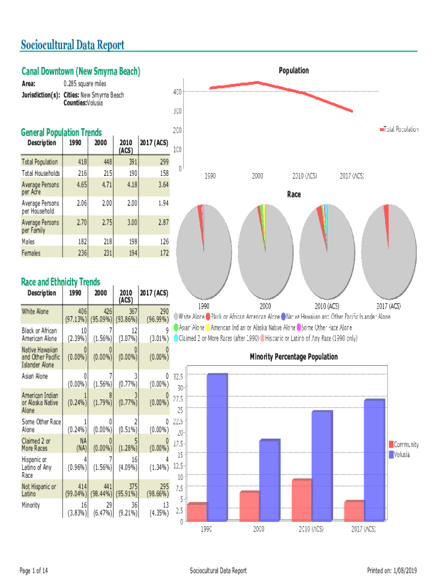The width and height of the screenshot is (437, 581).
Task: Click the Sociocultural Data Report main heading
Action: (72, 45)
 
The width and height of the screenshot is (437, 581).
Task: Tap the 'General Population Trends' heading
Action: (61, 132)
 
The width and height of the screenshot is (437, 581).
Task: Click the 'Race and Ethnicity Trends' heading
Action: (60, 282)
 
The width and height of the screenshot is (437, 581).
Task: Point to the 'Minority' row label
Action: (31, 505)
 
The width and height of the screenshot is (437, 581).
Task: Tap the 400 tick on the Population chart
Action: (177, 91)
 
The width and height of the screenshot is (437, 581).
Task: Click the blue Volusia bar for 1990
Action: (217, 447)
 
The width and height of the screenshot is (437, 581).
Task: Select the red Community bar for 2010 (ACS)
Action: (301, 500)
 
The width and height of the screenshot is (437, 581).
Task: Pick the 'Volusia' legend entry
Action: (400, 454)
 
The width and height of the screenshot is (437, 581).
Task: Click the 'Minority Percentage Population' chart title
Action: (293, 357)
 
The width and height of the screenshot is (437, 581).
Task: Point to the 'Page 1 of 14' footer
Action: (34, 570)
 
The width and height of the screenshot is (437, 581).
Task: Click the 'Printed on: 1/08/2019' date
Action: (392, 570)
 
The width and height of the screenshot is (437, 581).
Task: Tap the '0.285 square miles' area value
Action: (85, 84)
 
